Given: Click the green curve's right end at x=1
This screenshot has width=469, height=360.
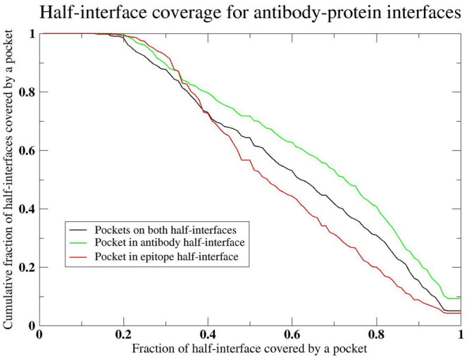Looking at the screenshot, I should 459,299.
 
